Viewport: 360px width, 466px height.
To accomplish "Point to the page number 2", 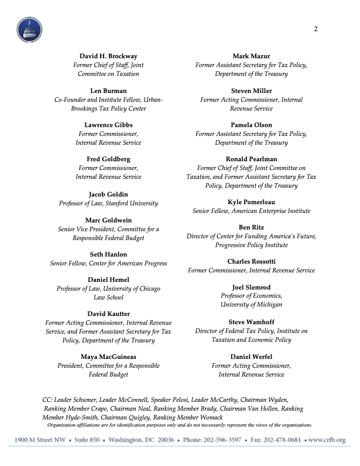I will click(x=316, y=30).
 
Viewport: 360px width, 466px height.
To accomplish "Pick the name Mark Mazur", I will click(x=251, y=56).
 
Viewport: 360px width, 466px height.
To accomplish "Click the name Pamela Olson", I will click(x=251, y=125).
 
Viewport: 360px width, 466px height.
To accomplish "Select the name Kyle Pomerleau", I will click(x=251, y=202).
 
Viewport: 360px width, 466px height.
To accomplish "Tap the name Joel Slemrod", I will click(x=251, y=287).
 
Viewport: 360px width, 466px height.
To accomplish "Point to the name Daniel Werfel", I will click(x=251, y=357).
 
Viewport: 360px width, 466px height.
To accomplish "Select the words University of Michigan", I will click(x=251, y=305).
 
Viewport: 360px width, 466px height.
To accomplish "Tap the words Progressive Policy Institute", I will click(x=251, y=245).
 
